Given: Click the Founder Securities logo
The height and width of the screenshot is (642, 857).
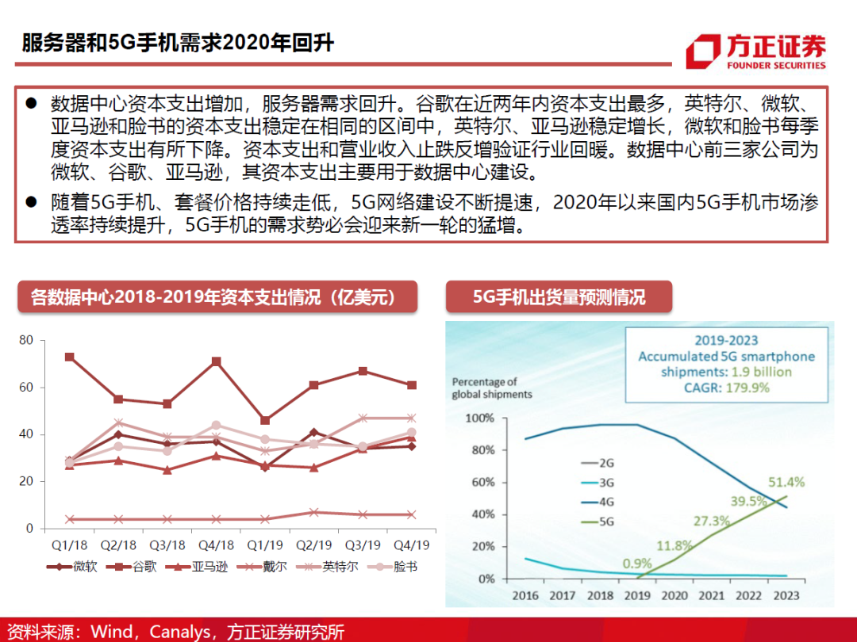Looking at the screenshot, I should pyautogui.click(x=755, y=53).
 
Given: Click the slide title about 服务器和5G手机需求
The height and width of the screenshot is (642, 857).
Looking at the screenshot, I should pyautogui.click(x=178, y=43).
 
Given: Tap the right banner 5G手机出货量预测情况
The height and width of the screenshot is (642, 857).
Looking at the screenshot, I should pyautogui.click(x=559, y=297).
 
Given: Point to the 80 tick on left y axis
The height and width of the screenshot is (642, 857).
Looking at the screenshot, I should pyautogui.click(x=26, y=341).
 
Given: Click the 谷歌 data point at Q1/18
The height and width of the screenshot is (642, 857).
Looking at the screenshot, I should pyautogui.click(x=70, y=357).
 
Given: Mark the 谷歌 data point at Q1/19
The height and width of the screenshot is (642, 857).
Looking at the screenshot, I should pyautogui.click(x=265, y=420).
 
